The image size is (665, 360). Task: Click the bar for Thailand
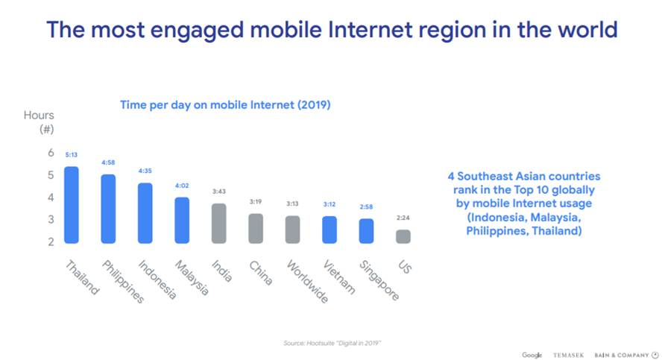pos(72,204)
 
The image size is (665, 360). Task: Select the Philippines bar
pos(108,209)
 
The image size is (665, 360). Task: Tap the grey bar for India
pos(218,223)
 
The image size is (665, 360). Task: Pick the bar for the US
pos(403,236)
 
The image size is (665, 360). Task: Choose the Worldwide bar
pos(292,229)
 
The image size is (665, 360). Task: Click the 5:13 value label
pos(72,155)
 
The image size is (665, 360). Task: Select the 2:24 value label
pos(403,218)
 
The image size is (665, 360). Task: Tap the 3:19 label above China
pos(256,202)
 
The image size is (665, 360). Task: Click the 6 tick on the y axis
pos(51,153)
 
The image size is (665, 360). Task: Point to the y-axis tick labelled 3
pos(51,220)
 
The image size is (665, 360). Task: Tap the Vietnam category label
pos(339,275)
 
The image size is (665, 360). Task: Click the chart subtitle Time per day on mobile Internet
pos(225,105)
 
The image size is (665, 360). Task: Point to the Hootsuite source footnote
pos(332,342)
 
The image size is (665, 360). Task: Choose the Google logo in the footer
pos(532,355)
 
